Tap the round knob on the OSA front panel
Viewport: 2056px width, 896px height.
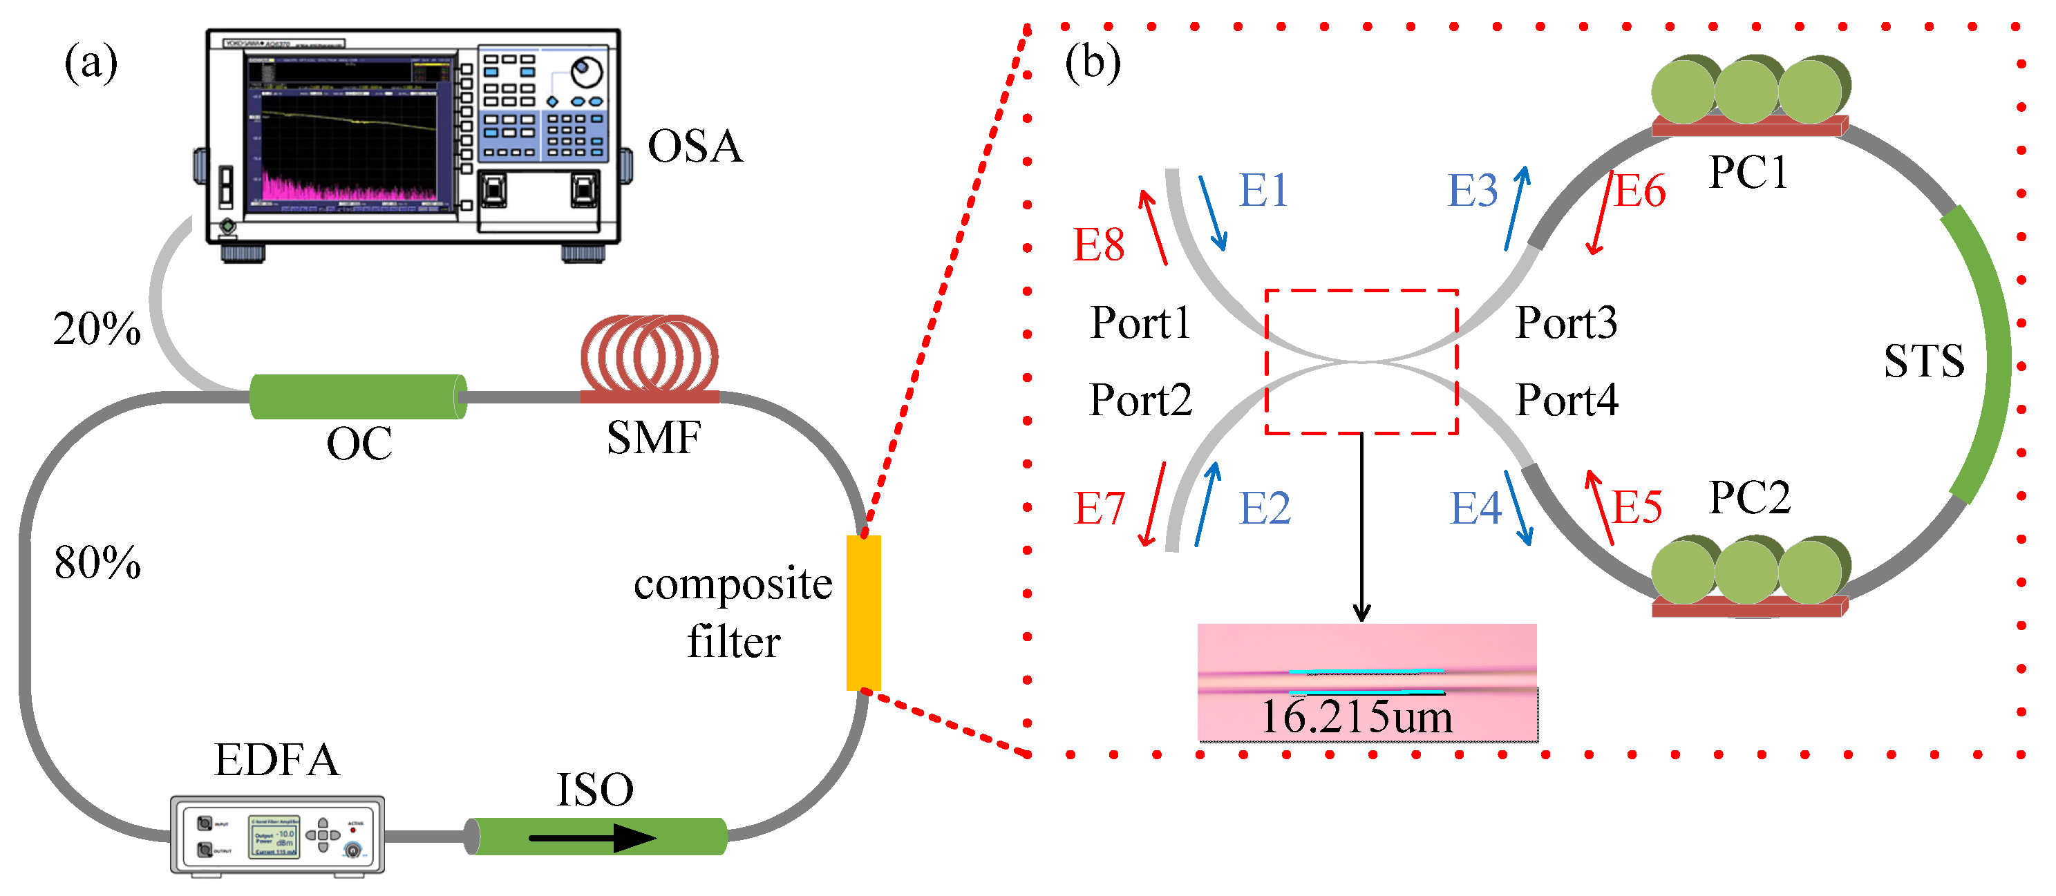pos(585,72)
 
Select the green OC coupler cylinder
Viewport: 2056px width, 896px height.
pos(357,397)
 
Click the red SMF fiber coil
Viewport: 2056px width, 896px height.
pos(649,355)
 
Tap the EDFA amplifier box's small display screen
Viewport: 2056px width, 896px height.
pos(274,836)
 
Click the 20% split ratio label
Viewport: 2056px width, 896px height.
pos(97,328)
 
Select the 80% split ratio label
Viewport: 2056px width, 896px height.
pos(97,562)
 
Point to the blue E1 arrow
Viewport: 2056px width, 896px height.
pos(1212,213)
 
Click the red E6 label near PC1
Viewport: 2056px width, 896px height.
pos(1639,191)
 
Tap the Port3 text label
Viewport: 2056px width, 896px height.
pos(1566,323)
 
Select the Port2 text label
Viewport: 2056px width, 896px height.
pos(1140,400)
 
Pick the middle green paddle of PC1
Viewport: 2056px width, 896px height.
pos(1746,90)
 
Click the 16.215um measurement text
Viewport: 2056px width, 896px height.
pos(1356,716)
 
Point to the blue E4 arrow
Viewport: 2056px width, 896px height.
pos(1518,508)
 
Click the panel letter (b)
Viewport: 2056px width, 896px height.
pos(1092,62)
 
